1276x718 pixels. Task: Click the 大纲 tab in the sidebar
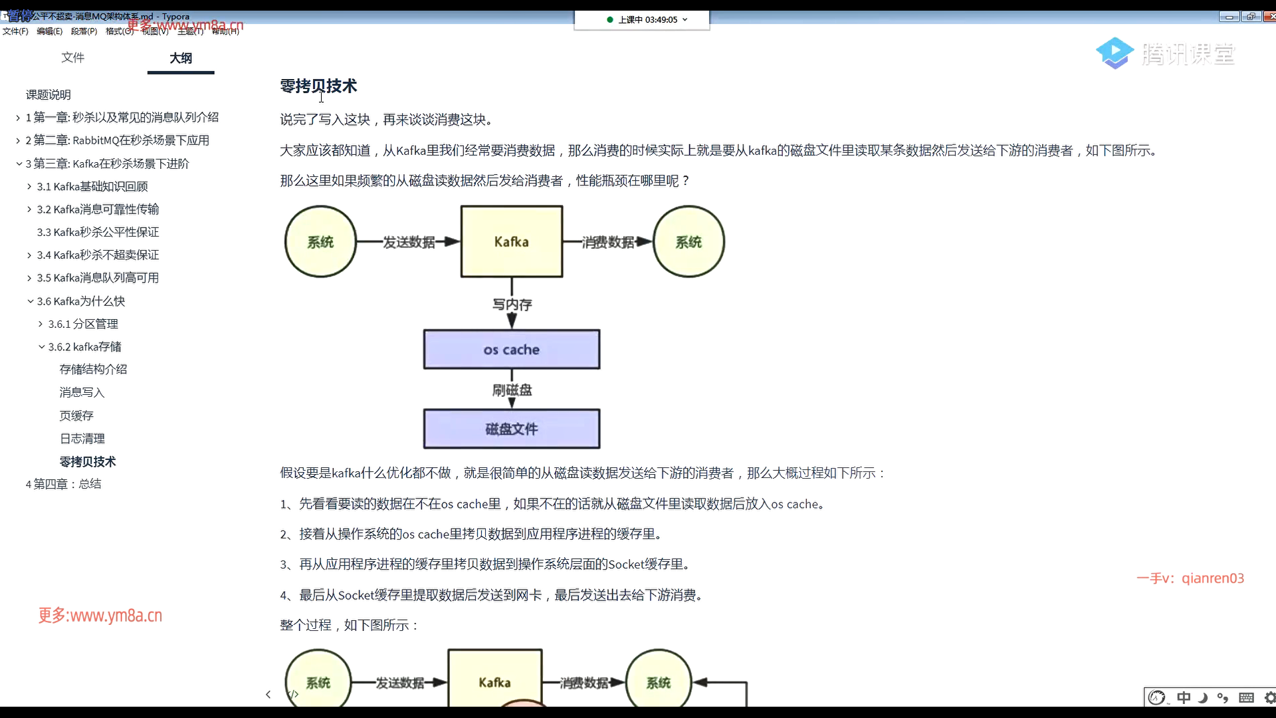(x=181, y=58)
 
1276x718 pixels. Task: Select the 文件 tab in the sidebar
(x=72, y=57)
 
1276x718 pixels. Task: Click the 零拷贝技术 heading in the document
(x=318, y=86)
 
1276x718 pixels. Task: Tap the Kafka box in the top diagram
(x=511, y=242)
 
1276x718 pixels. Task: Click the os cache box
(x=511, y=350)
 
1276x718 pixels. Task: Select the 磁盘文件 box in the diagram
(x=511, y=429)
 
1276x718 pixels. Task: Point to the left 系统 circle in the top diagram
(x=320, y=242)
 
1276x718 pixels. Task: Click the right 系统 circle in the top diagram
(x=689, y=242)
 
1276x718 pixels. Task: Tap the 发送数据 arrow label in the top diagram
(x=408, y=242)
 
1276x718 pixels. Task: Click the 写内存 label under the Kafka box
(x=512, y=304)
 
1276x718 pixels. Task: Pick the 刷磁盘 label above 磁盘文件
(x=512, y=390)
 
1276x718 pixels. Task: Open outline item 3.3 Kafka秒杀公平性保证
(x=98, y=232)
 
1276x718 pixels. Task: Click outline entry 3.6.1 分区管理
(x=83, y=324)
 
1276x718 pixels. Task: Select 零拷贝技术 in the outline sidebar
(x=88, y=461)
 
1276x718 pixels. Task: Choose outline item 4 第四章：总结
(x=63, y=484)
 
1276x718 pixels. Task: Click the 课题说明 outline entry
(x=48, y=94)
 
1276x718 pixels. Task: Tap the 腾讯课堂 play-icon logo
(x=1115, y=53)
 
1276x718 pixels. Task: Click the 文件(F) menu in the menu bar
(x=15, y=31)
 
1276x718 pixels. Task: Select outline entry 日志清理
(x=82, y=439)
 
